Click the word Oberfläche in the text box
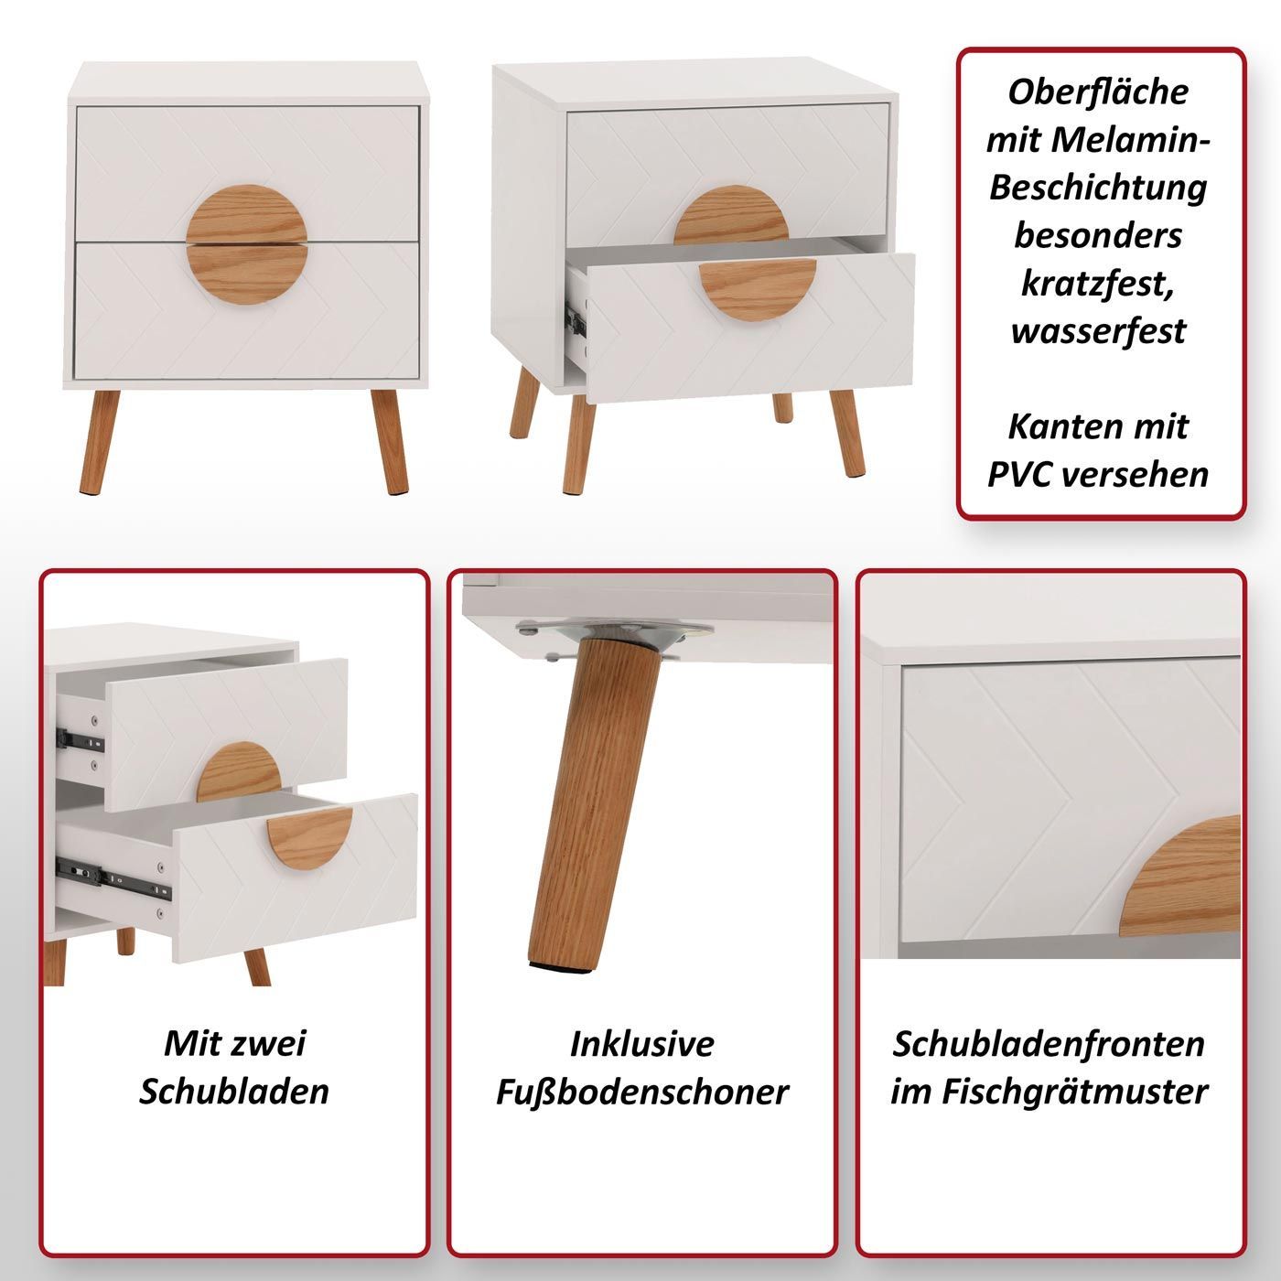(1097, 91)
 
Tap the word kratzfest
(1097, 283)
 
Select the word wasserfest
(1098, 330)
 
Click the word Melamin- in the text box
(1131, 140)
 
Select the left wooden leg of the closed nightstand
(99, 441)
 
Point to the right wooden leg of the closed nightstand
(390, 441)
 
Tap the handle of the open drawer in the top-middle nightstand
(757, 288)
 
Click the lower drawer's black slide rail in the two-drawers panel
(113, 878)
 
